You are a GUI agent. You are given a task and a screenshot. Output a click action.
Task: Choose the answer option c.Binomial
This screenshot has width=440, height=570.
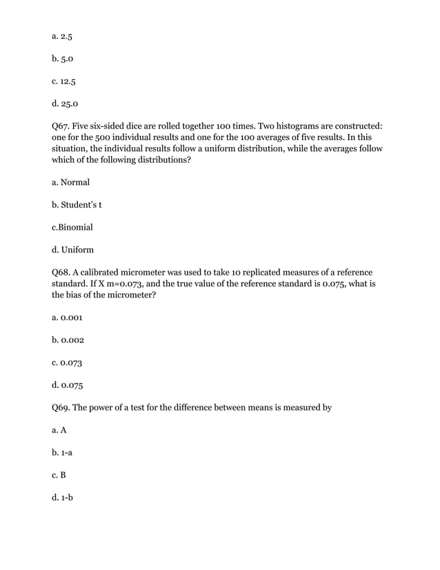(72, 227)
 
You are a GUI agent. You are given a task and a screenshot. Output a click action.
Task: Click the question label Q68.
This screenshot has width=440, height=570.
(63, 272)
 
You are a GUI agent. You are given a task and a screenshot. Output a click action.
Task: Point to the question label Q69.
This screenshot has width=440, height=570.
(63, 407)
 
